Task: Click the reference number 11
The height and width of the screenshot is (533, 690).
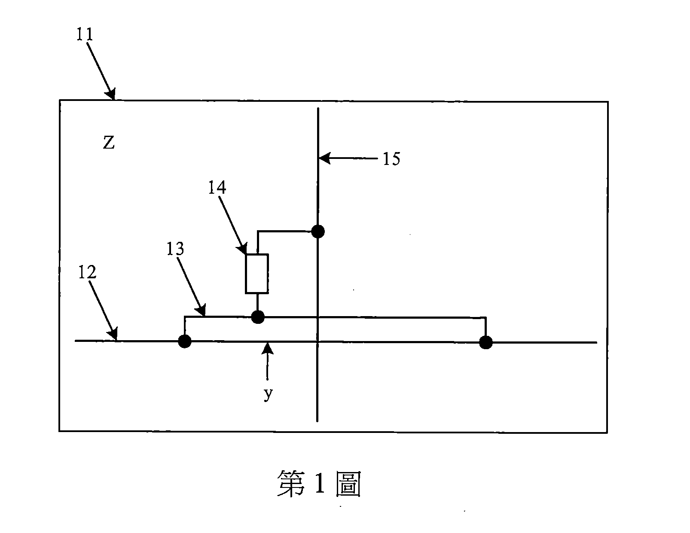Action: click(x=85, y=34)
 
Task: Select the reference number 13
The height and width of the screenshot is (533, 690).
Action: click(x=175, y=249)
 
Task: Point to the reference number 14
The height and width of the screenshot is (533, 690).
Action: click(x=217, y=187)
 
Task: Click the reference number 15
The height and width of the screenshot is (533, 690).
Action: click(x=391, y=159)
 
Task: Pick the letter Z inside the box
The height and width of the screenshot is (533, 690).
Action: click(x=109, y=143)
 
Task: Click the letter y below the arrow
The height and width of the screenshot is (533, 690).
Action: click(x=268, y=394)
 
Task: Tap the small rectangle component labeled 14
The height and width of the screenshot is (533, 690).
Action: click(x=257, y=274)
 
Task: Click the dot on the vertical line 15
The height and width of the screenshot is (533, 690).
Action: click(x=318, y=231)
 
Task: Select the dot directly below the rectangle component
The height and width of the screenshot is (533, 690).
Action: click(x=257, y=317)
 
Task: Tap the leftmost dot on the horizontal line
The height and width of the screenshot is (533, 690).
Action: click(x=185, y=341)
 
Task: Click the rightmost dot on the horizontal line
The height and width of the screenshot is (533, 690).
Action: click(x=486, y=342)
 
